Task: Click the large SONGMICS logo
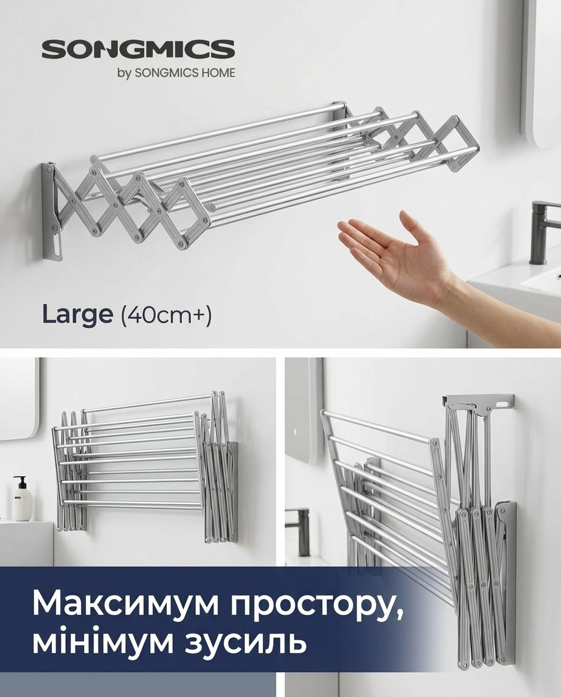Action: point(138,49)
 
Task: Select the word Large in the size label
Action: point(78,315)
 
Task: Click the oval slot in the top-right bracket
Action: point(502,405)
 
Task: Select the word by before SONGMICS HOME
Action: point(124,74)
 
